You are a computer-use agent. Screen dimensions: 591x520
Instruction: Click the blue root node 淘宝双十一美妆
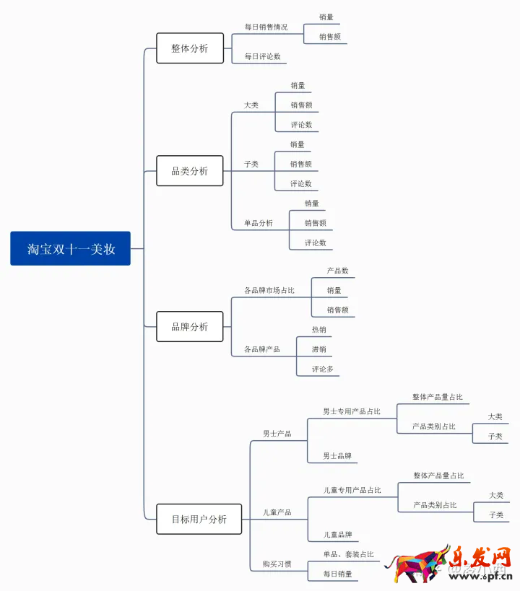coord(70,248)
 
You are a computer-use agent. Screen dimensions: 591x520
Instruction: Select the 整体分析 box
coord(190,48)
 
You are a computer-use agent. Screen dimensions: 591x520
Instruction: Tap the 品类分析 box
coord(190,171)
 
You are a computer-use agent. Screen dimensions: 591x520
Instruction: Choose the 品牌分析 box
coord(190,327)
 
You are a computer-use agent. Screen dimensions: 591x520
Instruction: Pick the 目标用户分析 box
coord(199,519)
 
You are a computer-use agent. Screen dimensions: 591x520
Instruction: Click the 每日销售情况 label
coord(266,27)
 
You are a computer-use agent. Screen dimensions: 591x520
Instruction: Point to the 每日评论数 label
coord(263,56)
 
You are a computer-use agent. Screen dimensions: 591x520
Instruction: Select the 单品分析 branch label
coord(259,223)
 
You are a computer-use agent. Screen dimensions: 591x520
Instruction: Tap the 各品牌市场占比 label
coord(269,290)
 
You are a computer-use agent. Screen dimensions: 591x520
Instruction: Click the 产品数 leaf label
coord(337,271)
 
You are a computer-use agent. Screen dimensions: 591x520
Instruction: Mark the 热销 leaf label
coord(319,330)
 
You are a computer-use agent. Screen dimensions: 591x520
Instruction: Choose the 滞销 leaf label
coord(319,349)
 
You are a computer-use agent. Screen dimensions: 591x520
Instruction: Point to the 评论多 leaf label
coord(323,369)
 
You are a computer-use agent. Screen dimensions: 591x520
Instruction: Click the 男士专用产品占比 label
coord(352,411)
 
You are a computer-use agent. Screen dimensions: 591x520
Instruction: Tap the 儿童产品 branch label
coord(277,512)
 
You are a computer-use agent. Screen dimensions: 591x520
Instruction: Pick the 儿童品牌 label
coord(338,535)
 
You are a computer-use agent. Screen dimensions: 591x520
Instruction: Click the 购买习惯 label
coord(277,564)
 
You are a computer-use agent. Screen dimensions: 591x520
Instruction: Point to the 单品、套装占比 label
coord(349,554)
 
